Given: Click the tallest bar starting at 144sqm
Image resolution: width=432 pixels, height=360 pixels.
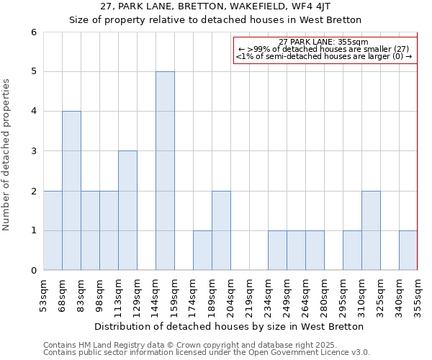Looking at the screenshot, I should pos(165,171).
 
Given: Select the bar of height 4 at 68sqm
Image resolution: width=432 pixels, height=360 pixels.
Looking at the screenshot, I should pos(71,191).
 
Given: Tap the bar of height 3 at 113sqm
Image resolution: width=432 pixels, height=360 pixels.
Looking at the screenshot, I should pos(127,210).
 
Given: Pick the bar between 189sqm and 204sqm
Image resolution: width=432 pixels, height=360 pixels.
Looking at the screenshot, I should pos(221,230).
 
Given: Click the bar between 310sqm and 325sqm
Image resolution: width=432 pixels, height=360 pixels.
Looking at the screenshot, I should pos(371,230).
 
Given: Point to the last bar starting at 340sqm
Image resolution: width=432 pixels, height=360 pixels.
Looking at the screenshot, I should pos(408,251).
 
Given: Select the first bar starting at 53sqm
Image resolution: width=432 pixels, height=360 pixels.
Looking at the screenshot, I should pos(53,230).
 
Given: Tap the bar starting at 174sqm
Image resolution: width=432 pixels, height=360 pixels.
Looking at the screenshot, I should pos(202,251).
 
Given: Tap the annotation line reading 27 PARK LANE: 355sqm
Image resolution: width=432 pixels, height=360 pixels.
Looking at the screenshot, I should pos(323,42).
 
